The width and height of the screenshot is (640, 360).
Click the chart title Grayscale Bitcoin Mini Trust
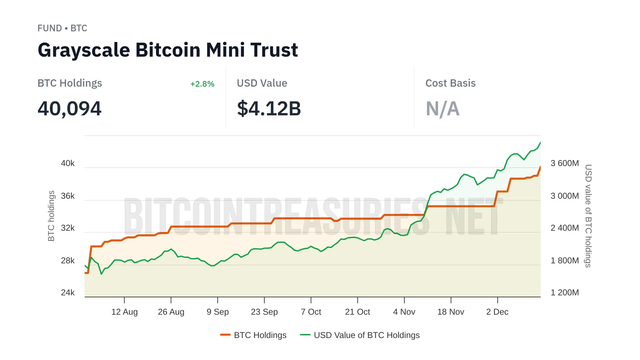tap(168, 50)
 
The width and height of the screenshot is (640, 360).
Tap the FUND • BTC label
tap(62, 28)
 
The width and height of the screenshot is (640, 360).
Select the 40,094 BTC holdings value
tap(69, 109)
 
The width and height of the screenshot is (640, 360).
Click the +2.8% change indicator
tap(202, 84)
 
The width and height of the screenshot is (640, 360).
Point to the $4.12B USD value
tap(269, 109)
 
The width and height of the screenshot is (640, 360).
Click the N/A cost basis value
tap(442, 109)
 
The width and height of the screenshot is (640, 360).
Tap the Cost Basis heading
tap(450, 83)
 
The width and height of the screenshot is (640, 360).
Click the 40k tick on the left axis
tap(68, 163)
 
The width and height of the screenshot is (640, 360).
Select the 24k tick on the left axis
tap(68, 293)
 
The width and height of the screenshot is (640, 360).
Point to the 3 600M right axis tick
tap(564, 163)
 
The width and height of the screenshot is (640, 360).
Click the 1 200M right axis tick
tap(564, 293)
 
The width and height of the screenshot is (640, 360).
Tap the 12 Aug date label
tap(124, 312)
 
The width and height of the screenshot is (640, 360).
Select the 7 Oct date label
tap(311, 312)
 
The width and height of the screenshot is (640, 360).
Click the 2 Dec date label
tap(497, 312)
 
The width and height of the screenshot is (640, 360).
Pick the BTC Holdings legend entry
tap(253, 335)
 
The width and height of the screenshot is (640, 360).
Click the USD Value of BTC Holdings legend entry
tap(360, 335)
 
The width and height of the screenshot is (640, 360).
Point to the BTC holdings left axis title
tap(51, 216)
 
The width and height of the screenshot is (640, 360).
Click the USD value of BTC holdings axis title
tap(588, 216)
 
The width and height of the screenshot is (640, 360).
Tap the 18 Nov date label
tap(451, 312)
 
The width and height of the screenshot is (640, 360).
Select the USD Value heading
tap(262, 83)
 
